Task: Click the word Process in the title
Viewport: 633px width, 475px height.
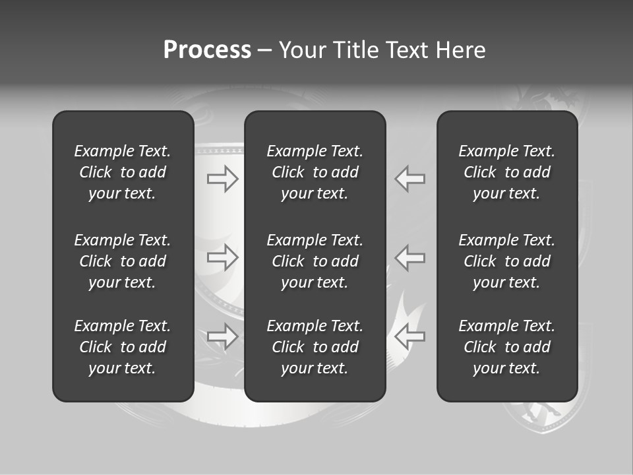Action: tap(207, 50)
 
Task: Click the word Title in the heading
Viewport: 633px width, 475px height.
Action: tap(355, 50)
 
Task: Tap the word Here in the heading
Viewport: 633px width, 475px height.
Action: tap(461, 50)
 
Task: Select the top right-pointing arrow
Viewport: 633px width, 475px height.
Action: tap(223, 179)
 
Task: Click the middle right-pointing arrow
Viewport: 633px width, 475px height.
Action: tap(223, 257)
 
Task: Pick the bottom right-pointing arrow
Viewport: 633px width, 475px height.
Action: tap(223, 336)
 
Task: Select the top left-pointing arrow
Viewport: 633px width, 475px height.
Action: tap(410, 179)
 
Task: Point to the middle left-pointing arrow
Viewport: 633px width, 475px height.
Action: tap(410, 257)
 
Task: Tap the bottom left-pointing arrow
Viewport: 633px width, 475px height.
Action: tap(410, 336)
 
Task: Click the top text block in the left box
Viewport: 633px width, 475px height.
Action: tap(123, 172)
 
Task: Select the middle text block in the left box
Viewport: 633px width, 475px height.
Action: tap(123, 261)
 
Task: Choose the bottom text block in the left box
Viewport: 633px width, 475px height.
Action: tap(123, 347)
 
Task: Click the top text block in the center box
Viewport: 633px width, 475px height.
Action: tap(315, 172)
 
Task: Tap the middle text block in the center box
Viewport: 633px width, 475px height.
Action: tap(315, 261)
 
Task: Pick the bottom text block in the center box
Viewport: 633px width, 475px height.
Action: tap(315, 347)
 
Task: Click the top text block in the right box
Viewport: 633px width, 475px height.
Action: tap(506, 172)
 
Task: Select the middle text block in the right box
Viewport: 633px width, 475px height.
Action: tap(506, 261)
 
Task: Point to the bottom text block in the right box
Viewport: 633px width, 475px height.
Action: tap(506, 347)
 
